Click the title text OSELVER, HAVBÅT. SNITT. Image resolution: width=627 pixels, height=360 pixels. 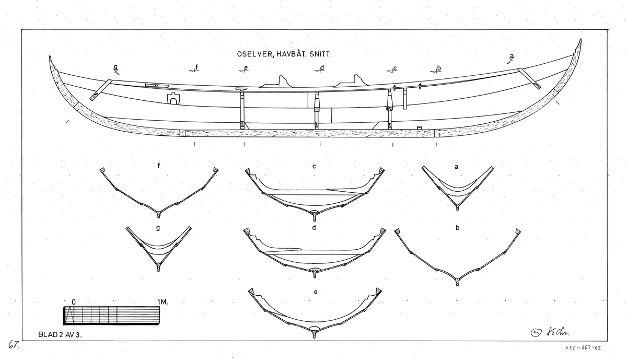pyautogui.click(x=285, y=54)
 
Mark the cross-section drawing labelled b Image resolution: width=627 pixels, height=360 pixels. pyautogui.click(x=458, y=256)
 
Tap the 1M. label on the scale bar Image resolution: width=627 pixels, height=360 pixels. pyautogui.click(x=164, y=302)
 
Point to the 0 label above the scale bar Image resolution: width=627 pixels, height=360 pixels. pyautogui.click(x=74, y=302)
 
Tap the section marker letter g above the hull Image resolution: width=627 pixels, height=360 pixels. pyautogui.click(x=115, y=67)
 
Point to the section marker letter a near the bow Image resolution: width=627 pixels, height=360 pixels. pyautogui.click(x=512, y=56)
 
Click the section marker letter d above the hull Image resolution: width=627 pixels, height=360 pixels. pyautogui.click(x=322, y=67)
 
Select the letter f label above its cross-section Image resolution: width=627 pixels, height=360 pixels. pyautogui.click(x=158, y=166)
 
